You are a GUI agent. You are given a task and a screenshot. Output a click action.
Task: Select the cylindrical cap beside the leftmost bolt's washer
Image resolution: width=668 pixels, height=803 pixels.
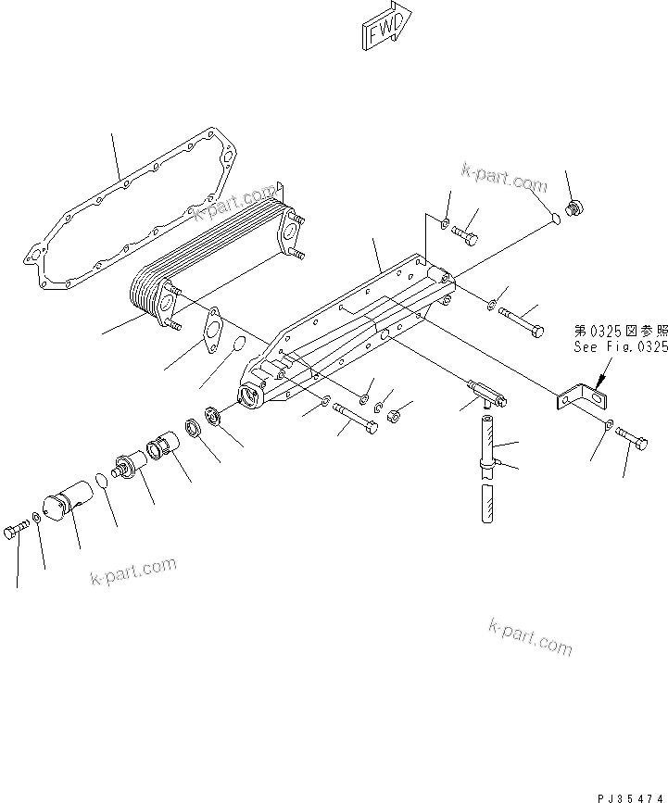tap(69, 508)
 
